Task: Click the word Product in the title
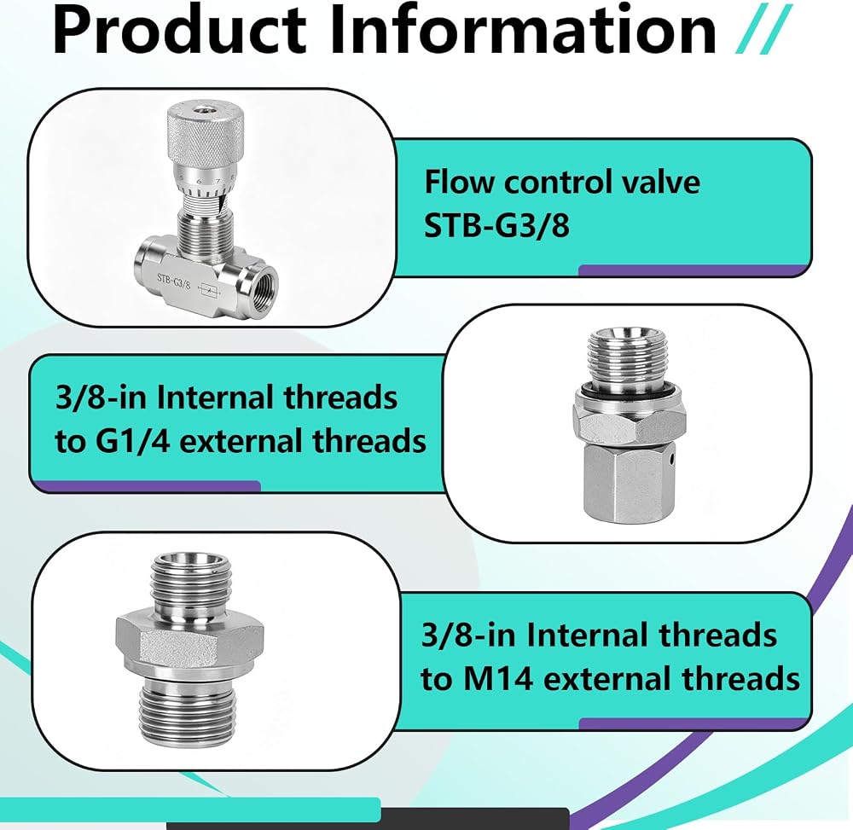click(179, 31)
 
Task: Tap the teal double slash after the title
click(762, 30)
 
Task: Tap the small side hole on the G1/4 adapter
click(673, 461)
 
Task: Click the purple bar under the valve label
click(691, 270)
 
